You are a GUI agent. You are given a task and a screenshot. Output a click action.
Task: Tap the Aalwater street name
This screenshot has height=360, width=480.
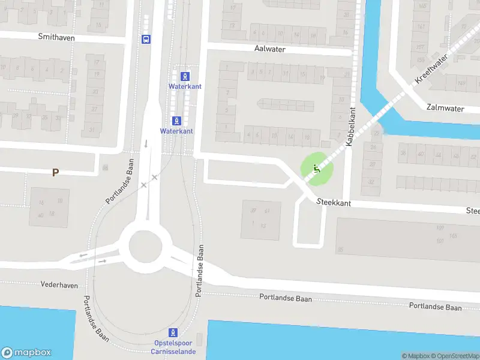click(269, 49)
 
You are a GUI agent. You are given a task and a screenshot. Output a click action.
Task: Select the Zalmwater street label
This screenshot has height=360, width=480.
click(445, 109)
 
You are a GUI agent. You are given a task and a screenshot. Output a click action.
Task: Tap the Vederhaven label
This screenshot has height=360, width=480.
click(59, 285)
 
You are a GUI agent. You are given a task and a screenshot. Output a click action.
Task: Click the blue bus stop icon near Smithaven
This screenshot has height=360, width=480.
click(146, 40)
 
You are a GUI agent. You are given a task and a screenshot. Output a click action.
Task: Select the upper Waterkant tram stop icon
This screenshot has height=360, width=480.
click(185, 76)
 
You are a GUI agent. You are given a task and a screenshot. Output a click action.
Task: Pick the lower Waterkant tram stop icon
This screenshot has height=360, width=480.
click(176, 120)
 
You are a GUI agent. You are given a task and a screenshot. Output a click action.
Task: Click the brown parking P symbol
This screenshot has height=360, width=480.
click(55, 173)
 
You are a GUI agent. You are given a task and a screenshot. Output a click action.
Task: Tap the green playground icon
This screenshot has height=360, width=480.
click(316, 169)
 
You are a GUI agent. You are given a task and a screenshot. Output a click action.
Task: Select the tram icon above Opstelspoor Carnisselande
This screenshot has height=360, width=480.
click(173, 332)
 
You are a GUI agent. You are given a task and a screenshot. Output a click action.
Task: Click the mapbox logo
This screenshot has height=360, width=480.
click(27, 353)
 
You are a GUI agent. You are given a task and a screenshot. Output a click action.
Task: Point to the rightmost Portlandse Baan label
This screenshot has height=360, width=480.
click(436, 307)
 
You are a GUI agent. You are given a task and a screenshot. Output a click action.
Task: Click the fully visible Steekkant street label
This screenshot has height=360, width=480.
click(334, 203)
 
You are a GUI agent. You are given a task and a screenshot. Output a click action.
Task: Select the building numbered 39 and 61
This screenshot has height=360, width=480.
click(261, 220)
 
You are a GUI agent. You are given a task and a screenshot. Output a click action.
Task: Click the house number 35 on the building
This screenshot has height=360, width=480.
click(341, 249)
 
